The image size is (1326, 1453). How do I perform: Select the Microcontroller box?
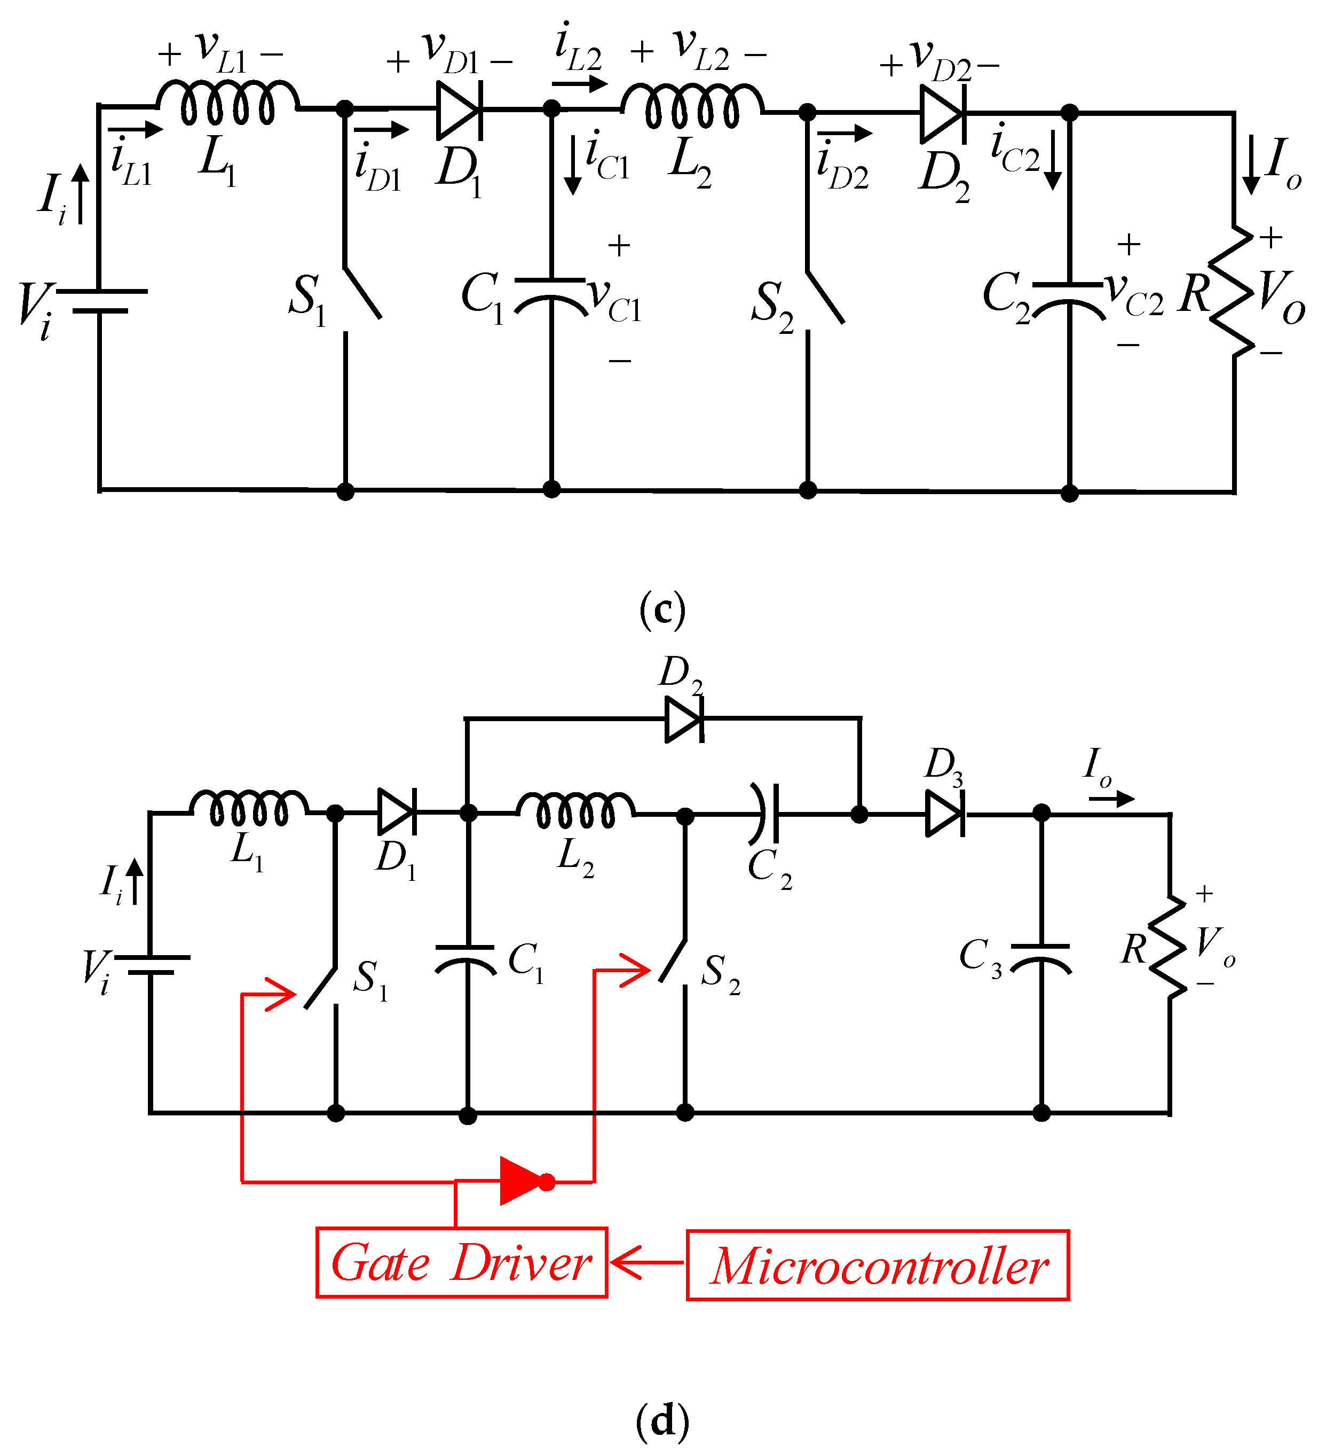877,1265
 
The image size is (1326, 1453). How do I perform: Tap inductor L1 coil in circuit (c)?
227,103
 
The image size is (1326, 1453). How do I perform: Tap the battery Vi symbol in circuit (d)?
151,964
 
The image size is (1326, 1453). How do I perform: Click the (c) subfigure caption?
662,610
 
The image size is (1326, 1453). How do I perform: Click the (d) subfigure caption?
662,1420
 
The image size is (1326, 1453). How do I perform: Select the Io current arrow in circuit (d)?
1111,799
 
